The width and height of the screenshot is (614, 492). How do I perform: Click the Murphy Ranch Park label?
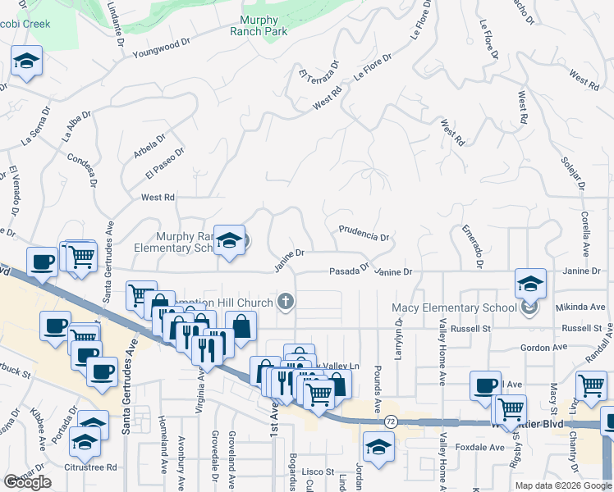point(264,25)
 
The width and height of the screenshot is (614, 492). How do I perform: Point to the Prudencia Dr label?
point(363,234)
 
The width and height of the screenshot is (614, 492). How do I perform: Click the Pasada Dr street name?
point(350,271)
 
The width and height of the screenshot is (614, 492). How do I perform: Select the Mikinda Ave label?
point(580,307)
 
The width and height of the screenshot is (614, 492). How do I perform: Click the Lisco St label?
point(316,471)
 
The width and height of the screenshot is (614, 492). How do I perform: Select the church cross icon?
point(286,302)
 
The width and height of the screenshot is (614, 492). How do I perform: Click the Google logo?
point(27,482)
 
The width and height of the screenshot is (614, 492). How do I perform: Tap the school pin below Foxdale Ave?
point(378,448)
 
